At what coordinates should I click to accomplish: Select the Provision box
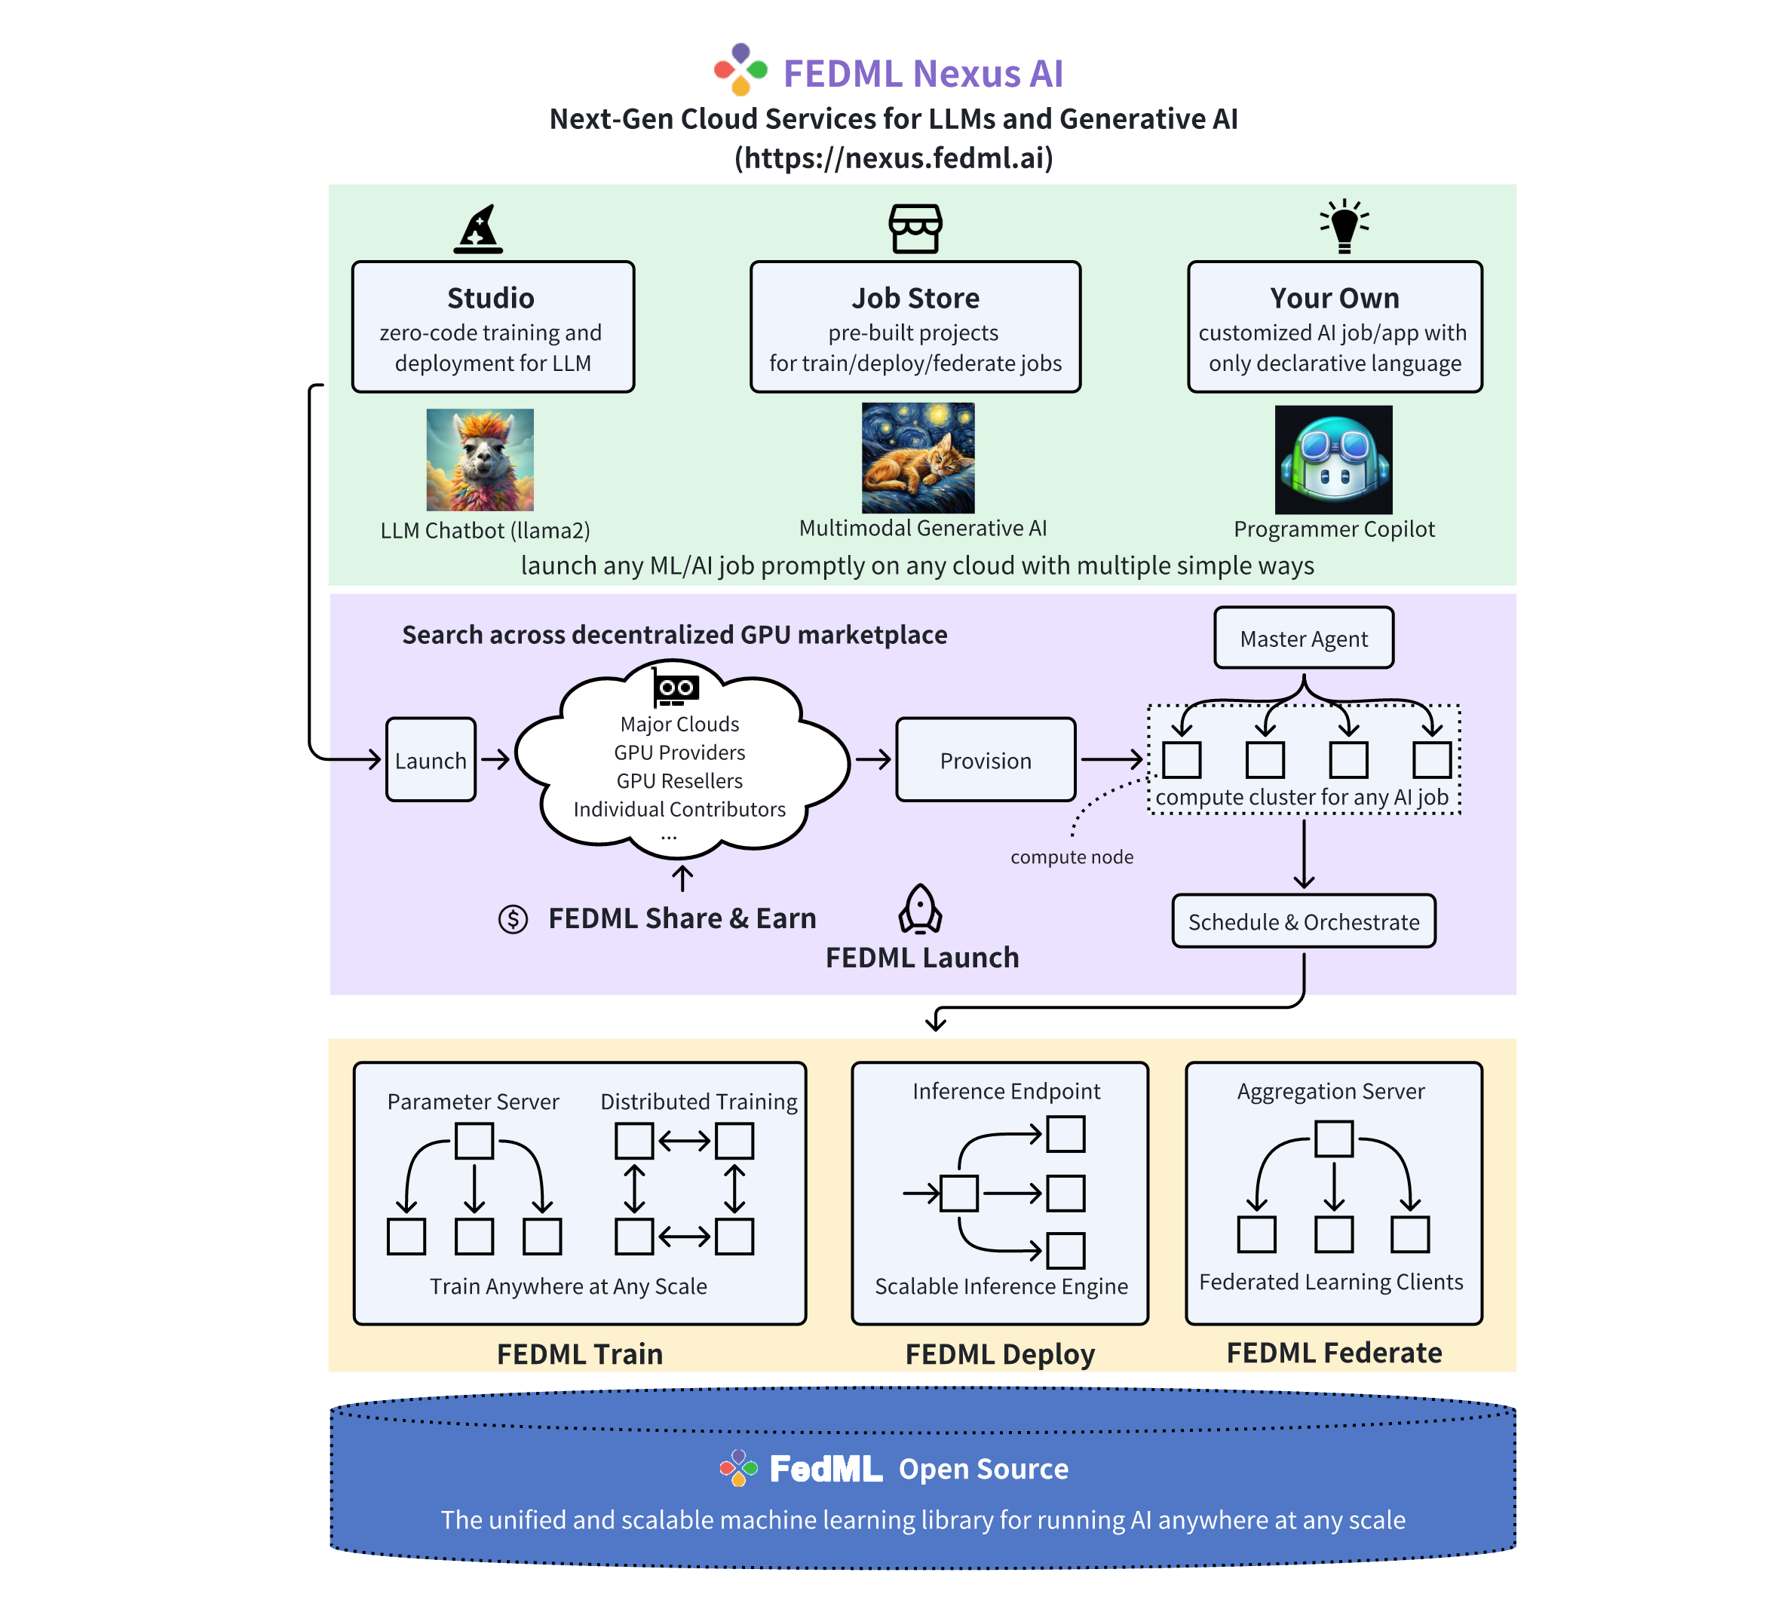coord(986,760)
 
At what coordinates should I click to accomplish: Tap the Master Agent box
coord(1304,639)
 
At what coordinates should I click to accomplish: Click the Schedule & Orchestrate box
coord(1304,921)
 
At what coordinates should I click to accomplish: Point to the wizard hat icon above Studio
coord(478,229)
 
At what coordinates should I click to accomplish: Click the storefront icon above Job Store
coord(915,228)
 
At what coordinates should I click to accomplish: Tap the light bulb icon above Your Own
coord(1344,226)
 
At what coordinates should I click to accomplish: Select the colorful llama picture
coord(480,460)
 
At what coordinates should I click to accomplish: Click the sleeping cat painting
coord(918,458)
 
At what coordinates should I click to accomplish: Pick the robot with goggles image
coord(1333,460)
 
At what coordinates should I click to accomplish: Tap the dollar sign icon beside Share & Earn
coord(514,918)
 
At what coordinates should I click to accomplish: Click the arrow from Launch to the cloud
coord(496,759)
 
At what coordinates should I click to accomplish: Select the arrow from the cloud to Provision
coord(873,759)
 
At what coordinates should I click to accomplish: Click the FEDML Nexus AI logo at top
coord(741,69)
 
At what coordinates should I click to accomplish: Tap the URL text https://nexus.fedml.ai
coord(894,158)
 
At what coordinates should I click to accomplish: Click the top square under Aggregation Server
coord(1334,1139)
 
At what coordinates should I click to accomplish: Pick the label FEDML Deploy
coord(1000,1354)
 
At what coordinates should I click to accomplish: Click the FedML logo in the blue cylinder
coord(738,1467)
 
